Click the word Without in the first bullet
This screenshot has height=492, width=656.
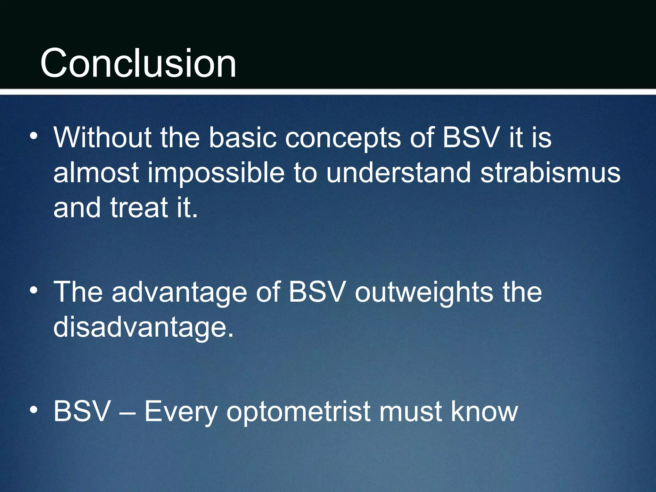click(102, 137)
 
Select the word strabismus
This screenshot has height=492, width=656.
click(550, 173)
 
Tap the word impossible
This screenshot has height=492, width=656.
click(216, 173)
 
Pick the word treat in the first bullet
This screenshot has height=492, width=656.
click(139, 208)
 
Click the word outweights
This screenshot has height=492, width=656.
click(424, 292)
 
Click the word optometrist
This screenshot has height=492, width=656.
click(298, 412)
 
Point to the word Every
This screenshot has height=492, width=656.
click(181, 412)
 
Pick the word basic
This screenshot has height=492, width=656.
click(242, 137)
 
